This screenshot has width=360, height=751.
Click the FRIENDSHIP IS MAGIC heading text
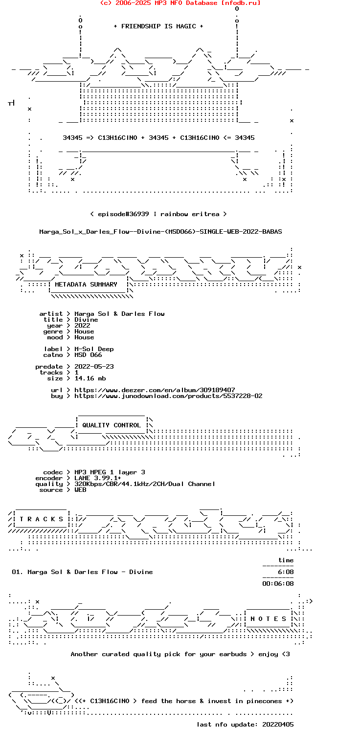(158, 26)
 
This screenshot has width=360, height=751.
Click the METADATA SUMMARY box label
(86, 284)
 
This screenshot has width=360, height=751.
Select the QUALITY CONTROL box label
(112, 425)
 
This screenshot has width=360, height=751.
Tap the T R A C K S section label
(41, 519)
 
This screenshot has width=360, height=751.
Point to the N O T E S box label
(268, 618)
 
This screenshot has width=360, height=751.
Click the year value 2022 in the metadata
(82, 326)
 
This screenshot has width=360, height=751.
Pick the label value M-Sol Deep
(94, 349)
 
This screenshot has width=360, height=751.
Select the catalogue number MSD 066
(88, 354)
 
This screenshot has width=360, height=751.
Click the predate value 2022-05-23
(94, 366)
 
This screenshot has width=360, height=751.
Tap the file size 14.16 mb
(90, 378)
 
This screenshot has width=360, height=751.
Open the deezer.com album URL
(155, 390)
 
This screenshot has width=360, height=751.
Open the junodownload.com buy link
(168, 396)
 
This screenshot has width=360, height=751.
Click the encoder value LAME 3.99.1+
(98, 478)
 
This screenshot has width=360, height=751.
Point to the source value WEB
(80, 490)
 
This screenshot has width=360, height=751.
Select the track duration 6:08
(286, 572)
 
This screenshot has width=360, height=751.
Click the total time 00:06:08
(278, 584)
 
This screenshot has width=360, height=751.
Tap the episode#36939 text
(123, 214)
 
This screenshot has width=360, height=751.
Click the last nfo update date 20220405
(278, 725)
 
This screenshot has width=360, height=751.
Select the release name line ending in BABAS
(160, 232)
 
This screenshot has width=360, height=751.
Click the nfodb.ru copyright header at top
(180, 3)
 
